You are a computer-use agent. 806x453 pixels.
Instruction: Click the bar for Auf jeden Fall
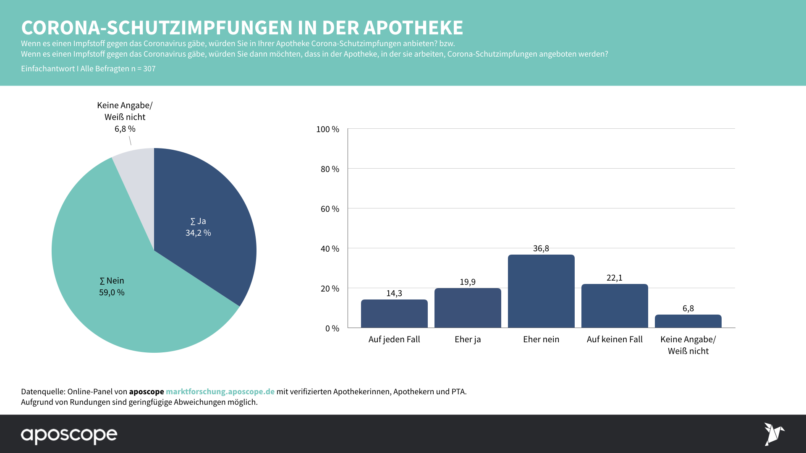tap(394, 314)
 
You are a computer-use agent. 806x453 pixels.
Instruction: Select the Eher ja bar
tap(468, 308)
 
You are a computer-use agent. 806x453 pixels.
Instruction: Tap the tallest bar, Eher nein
tap(541, 291)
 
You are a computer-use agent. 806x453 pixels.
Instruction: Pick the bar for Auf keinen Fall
tap(615, 306)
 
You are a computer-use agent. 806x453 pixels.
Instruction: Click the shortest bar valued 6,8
tap(688, 321)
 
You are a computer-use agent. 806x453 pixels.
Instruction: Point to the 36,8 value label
tap(541, 248)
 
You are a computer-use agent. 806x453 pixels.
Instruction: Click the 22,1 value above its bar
tap(615, 278)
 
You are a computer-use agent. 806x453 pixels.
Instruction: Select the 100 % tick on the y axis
tap(327, 129)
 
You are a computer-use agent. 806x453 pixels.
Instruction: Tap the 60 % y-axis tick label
tap(330, 209)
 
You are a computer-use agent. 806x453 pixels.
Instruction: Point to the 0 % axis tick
tap(332, 328)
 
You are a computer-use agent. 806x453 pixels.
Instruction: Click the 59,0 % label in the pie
tap(112, 292)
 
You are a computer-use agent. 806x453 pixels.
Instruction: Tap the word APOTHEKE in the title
tap(413, 28)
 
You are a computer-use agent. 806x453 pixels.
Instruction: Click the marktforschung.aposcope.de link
tap(220, 391)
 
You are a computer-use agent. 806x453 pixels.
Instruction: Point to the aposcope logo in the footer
tap(69, 435)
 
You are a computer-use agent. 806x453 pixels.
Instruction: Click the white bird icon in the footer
tap(773, 434)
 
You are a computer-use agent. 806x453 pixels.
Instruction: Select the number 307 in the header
tap(149, 69)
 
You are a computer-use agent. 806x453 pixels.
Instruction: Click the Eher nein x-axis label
tap(541, 339)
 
